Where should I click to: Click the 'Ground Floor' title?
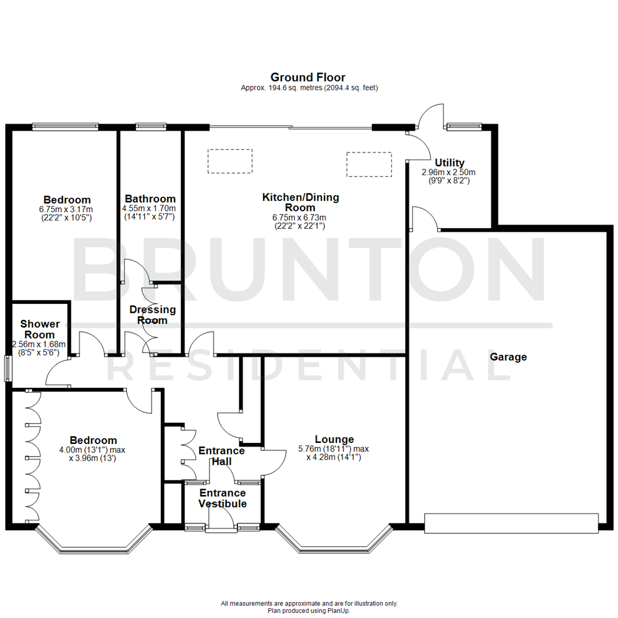(x=308, y=77)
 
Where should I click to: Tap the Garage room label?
(x=508, y=357)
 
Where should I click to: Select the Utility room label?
(x=449, y=163)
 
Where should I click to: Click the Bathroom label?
(x=150, y=199)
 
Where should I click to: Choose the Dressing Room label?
(x=152, y=315)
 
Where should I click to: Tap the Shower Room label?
(x=39, y=330)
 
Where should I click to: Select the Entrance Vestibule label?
(x=223, y=498)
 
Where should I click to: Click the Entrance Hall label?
(x=221, y=456)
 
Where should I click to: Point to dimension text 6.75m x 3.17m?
(x=67, y=209)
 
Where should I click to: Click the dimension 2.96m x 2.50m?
(x=449, y=172)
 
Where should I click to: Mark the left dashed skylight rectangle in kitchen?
(x=230, y=161)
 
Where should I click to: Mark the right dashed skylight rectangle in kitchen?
(x=369, y=164)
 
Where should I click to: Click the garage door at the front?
(x=512, y=524)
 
